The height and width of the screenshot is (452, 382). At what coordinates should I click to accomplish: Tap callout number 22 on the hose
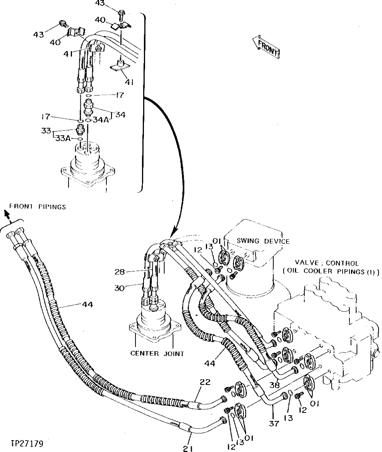click(x=205, y=382)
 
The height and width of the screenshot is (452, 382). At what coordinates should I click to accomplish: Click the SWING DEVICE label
click(x=264, y=242)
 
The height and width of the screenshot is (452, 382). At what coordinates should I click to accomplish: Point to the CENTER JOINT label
click(x=157, y=353)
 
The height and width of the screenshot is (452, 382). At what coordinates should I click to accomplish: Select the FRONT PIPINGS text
click(x=37, y=207)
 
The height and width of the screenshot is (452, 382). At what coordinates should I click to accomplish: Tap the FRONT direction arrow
click(x=266, y=46)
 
